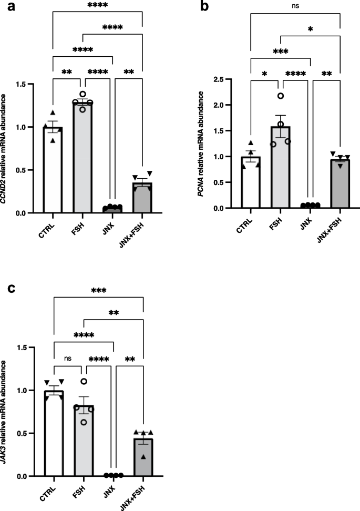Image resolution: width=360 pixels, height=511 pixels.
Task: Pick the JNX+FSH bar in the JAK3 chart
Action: tap(142, 457)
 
